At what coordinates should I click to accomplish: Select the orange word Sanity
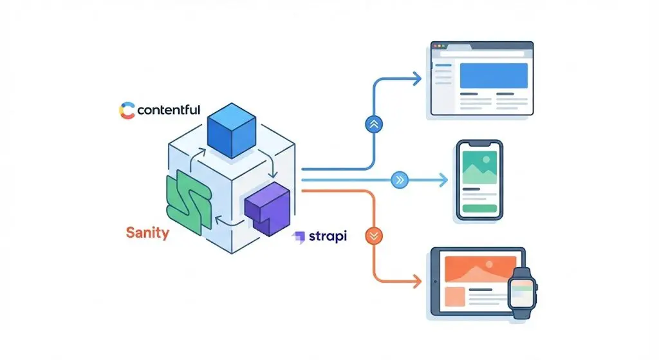(147, 232)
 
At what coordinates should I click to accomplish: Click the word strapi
(329, 236)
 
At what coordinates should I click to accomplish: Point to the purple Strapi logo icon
(299, 237)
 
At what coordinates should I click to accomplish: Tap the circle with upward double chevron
(373, 125)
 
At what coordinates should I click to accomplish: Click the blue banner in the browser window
(493, 75)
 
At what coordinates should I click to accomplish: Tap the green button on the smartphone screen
(479, 209)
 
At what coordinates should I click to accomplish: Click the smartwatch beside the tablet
(523, 294)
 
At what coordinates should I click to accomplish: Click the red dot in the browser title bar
(434, 46)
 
